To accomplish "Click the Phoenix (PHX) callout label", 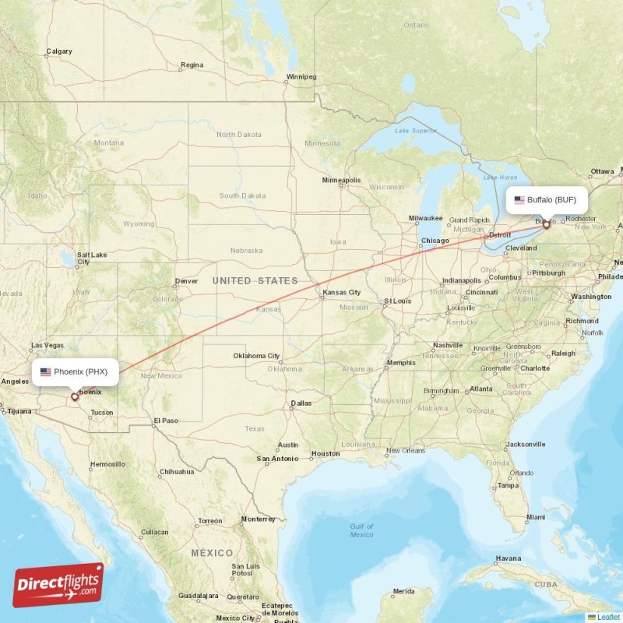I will (x=75, y=371).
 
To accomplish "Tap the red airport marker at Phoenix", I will (x=75, y=396).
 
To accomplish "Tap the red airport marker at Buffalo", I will (x=546, y=225).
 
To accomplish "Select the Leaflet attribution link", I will (x=607, y=617).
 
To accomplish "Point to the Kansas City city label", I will (x=341, y=293).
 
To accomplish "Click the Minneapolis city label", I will (x=341, y=181).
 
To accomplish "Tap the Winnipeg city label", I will (x=301, y=77).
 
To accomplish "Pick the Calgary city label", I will (x=59, y=52).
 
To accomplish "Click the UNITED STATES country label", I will (x=255, y=280).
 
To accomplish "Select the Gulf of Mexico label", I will (x=361, y=530).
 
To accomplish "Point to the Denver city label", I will (x=186, y=281).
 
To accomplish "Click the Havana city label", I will (x=508, y=558).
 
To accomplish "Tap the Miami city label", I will (x=535, y=517).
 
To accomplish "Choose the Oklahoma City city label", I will (x=256, y=356).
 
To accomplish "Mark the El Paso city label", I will (x=165, y=421).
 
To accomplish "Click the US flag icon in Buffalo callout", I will (x=519, y=200).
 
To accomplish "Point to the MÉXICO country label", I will (x=212, y=552).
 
